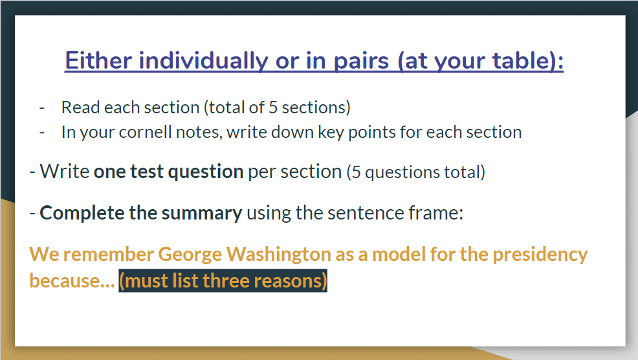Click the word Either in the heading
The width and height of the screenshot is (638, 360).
[98, 61]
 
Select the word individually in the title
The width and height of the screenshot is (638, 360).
[203, 62]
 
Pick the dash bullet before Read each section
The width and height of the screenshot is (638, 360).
[42, 108]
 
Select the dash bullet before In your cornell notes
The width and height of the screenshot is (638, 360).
[42, 133]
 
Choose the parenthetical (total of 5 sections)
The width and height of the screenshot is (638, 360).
[277, 108]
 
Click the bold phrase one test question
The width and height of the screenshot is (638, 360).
[168, 172]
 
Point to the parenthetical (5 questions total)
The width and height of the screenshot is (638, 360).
[416, 172]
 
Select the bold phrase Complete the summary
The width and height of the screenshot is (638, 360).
[141, 213]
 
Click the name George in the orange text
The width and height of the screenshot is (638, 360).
[190, 254]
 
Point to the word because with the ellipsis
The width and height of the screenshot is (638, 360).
[72, 280]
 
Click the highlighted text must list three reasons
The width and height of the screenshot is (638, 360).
[223, 280]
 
